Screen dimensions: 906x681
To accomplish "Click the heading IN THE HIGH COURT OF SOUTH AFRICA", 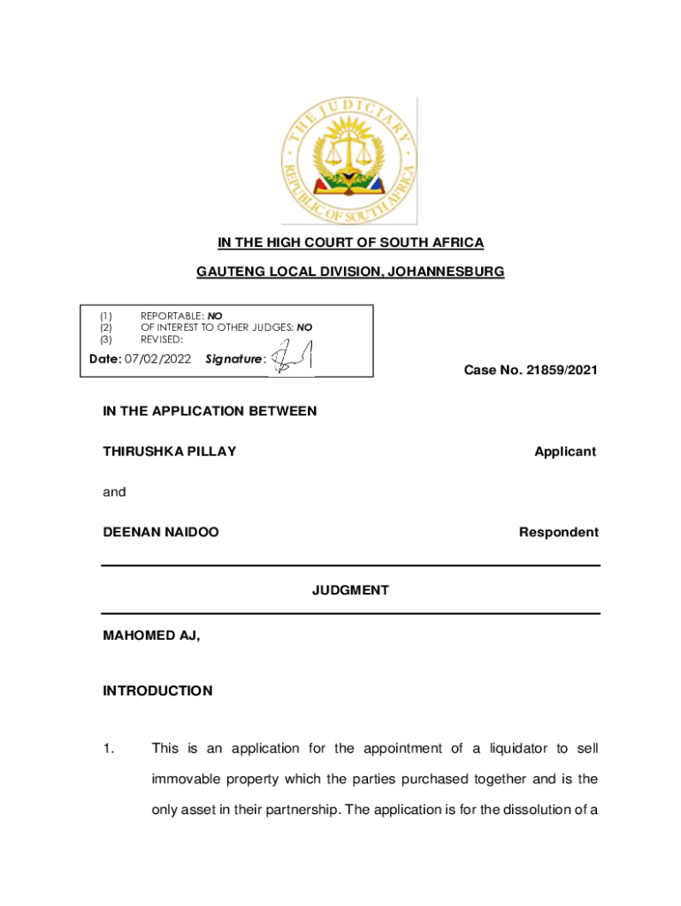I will pos(351,242).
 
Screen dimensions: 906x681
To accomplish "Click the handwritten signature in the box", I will pos(290,357).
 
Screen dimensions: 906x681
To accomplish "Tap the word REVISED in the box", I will pos(161,340).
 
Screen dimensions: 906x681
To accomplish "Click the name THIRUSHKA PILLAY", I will pos(170,451).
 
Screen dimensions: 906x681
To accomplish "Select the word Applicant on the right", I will pos(565,451).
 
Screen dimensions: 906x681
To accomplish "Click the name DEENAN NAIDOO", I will pos(161,532).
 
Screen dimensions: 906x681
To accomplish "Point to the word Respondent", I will pos(558,532).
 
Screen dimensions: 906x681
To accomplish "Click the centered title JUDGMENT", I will pos(350,590).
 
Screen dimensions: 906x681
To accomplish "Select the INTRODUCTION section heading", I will pos(157,691).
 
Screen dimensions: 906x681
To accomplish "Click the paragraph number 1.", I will pos(107,749).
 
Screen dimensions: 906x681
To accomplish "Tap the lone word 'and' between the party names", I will pos(114,492).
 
